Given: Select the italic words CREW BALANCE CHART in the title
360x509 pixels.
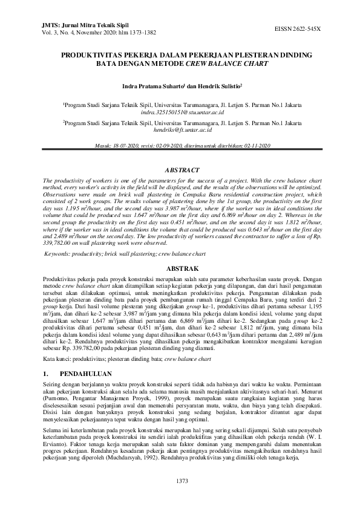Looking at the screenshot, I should click(235, 63).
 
